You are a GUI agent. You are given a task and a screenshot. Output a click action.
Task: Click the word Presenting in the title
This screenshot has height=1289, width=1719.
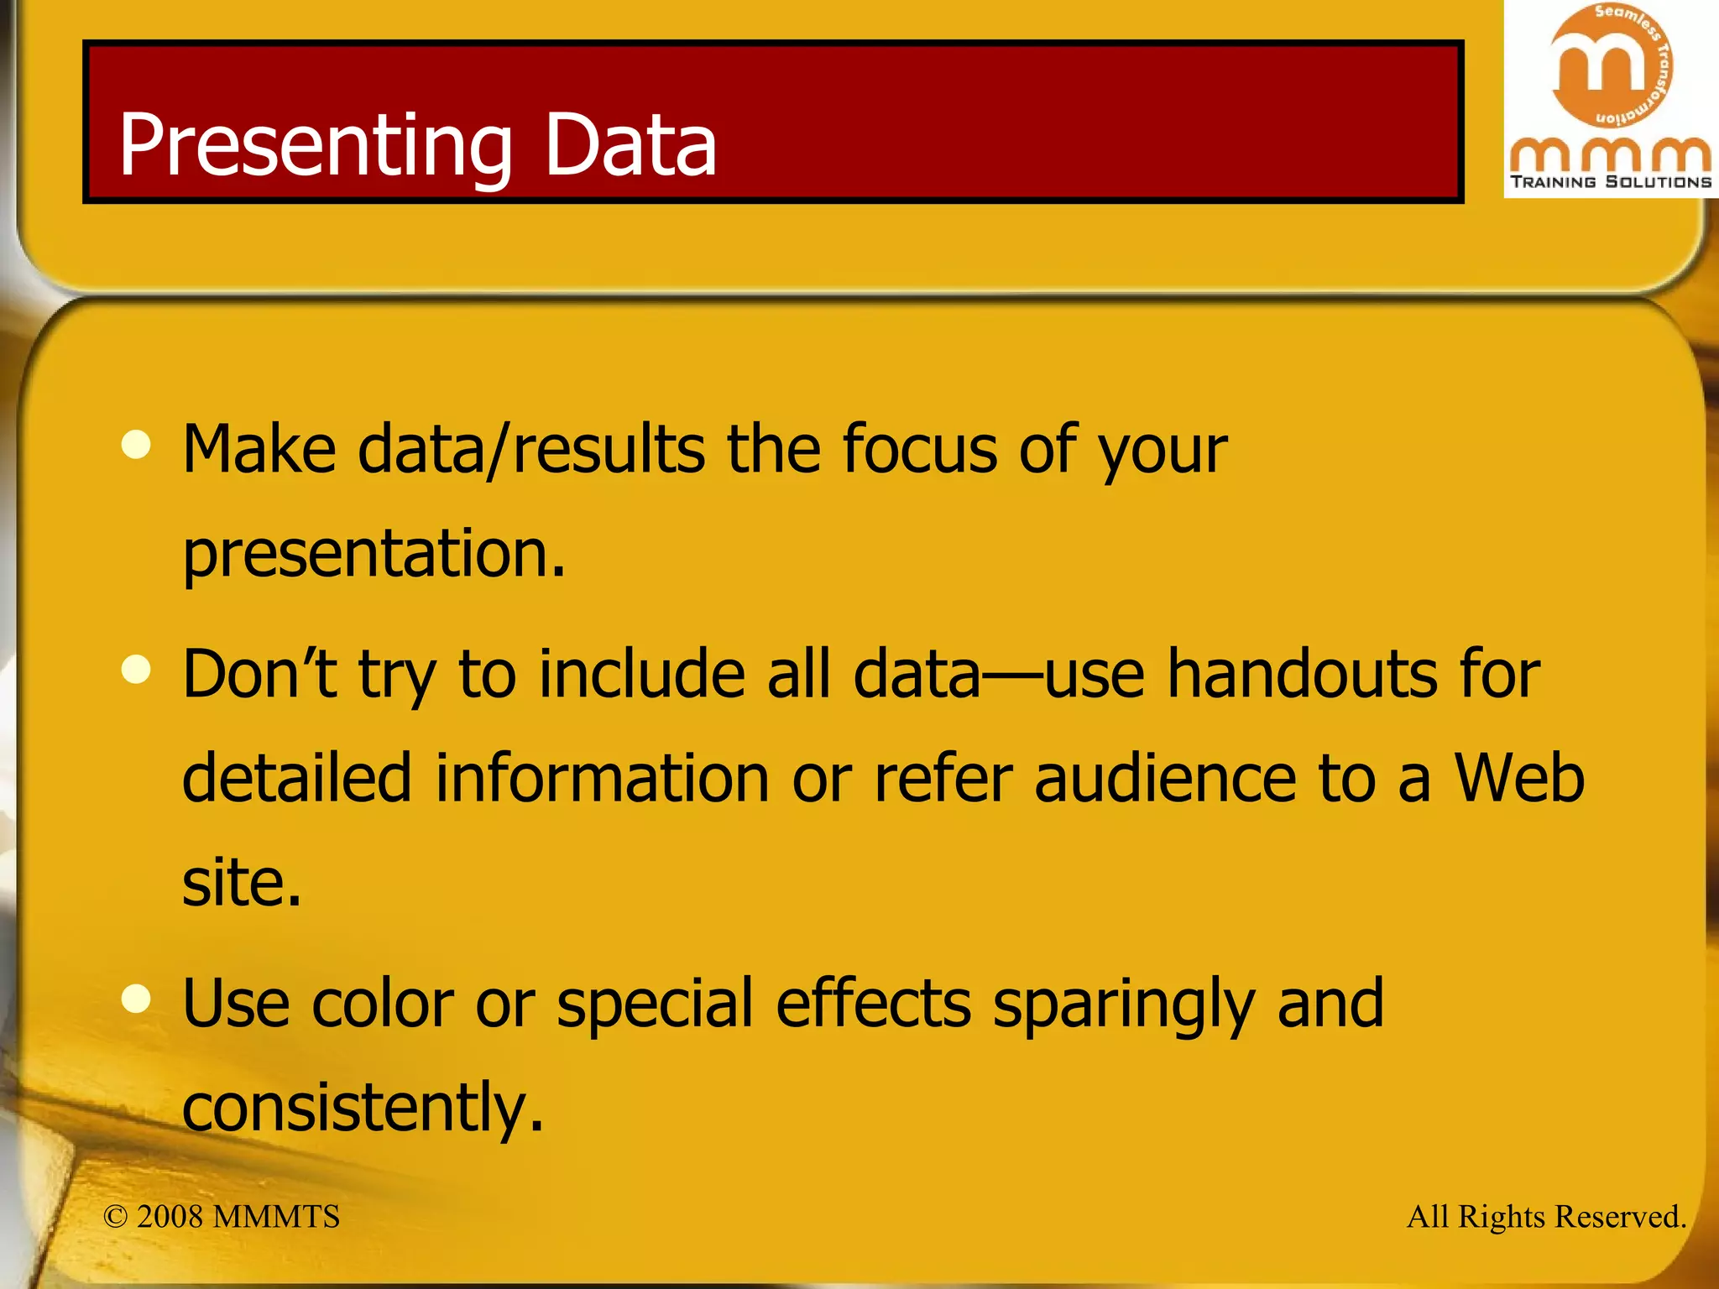click(315, 146)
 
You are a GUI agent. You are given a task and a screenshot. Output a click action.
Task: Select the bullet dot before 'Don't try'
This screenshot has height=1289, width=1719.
click(136, 669)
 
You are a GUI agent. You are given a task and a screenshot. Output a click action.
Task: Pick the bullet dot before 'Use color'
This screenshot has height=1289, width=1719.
click(136, 998)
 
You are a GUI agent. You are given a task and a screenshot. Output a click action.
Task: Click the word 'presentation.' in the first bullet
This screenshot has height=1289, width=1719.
click(374, 555)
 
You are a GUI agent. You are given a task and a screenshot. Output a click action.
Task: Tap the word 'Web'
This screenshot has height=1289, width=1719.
click(1519, 779)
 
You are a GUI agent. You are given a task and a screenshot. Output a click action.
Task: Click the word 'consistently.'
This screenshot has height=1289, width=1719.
click(363, 1108)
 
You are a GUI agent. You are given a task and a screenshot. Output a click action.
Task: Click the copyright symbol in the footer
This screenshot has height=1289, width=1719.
click(115, 1217)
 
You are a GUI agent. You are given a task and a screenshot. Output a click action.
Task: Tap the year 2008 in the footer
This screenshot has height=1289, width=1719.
click(170, 1217)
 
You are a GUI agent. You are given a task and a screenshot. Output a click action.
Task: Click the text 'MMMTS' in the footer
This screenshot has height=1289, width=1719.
click(276, 1217)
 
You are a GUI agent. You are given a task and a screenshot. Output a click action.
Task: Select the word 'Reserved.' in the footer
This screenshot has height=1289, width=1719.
click(1619, 1217)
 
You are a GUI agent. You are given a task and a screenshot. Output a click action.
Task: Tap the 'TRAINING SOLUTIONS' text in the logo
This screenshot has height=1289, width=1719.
click(1611, 182)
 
